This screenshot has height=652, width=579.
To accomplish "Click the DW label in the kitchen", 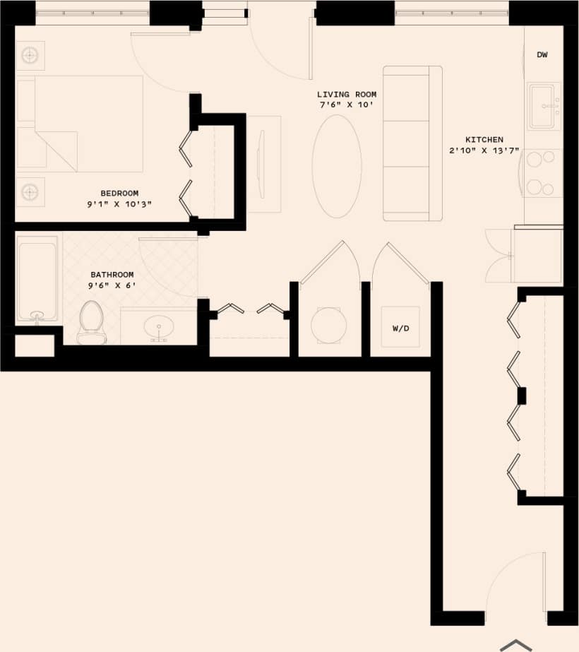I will pyautogui.click(x=542, y=55).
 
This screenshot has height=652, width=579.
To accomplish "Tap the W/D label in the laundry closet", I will pyautogui.click(x=400, y=328).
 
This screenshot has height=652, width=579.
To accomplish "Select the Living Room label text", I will pyautogui.click(x=346, y=94).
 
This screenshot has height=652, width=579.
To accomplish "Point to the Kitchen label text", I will pyautogui.click(x=484, y=140).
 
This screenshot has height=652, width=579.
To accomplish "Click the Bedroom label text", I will pyautogui.click(x=119, y=193).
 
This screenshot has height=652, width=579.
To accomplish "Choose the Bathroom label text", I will pyautogui.click(x=112, y=275).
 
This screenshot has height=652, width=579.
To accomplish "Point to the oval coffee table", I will pyautogui.click(x=337, y=166).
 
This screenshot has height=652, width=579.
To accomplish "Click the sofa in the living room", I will pyautogui.click(x=412, y=143).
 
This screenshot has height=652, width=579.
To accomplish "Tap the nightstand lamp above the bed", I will pyautogui.click(x=30, y=56).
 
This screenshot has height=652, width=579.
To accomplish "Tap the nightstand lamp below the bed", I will pyautogui.click(x=30, y=191).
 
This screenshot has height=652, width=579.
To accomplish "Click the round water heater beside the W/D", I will pyautogui.click(x=329, y=325).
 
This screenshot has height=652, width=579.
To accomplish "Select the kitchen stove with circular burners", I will pyautogui.click(x=543, y=173).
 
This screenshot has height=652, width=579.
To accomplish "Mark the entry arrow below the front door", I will pyautogui.click(x=516, y=644).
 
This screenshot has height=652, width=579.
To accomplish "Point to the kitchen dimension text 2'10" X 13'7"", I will pyautogui.click(x=484, y=151).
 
